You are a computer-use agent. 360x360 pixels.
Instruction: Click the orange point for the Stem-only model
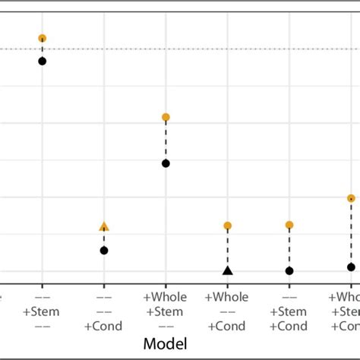(43, 38)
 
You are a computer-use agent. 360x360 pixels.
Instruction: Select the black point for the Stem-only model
(43, 61)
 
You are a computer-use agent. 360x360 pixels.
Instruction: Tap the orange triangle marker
(104, 226)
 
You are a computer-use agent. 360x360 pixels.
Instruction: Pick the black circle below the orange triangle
(104, 250)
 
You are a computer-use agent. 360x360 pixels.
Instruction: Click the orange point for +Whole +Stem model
(166, 117)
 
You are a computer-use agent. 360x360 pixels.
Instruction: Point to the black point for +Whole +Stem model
(166, 163)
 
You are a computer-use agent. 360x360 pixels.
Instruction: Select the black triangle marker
(227, 270)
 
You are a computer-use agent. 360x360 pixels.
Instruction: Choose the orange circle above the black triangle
(227, 226)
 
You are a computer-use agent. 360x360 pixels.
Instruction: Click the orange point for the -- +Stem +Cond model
(289, 225)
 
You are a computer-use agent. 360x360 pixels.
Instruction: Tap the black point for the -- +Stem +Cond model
(289, 270)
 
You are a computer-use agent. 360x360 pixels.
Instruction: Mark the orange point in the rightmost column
(350, 198)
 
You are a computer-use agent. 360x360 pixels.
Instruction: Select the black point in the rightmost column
(350, 267)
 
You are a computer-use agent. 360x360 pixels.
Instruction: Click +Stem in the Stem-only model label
(42, 311)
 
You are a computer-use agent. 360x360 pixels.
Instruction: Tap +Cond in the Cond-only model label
(104, 326)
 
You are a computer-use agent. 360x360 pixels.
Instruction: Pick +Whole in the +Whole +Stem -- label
(166, 297)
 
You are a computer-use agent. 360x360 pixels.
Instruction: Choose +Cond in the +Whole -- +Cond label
(227, 326)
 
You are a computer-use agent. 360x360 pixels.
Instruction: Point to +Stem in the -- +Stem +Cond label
(289, 311)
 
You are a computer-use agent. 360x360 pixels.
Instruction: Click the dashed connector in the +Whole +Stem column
(166, 141)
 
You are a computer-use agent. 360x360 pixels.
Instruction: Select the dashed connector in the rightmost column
(350, 233)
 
